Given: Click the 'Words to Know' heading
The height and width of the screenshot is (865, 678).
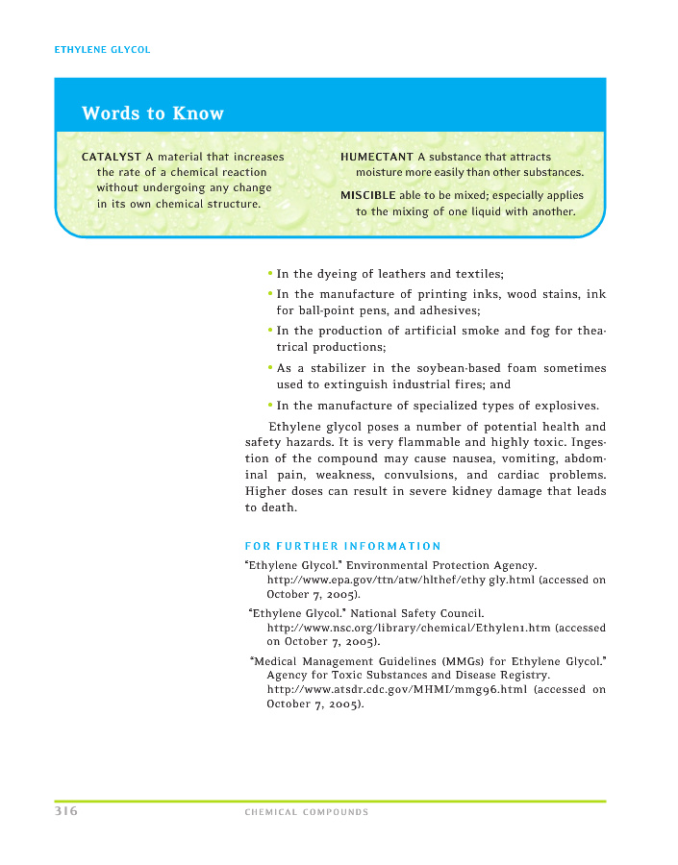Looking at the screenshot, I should point(152,113).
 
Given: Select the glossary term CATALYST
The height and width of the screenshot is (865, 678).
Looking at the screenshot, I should point(112,157).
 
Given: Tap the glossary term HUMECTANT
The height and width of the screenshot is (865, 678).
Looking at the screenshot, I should point(377,157).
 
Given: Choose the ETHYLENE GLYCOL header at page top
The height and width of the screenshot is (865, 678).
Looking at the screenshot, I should point(102,50).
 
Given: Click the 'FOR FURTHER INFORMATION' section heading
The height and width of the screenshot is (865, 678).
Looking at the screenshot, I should point(343,546).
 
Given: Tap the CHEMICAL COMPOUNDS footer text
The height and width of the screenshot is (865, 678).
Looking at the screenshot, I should point(307,812).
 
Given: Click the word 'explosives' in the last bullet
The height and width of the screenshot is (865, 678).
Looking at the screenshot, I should point(564,406).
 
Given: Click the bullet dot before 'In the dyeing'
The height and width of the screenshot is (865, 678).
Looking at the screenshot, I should point(270,274).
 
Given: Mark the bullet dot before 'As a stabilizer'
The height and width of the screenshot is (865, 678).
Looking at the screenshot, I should point(270,368).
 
